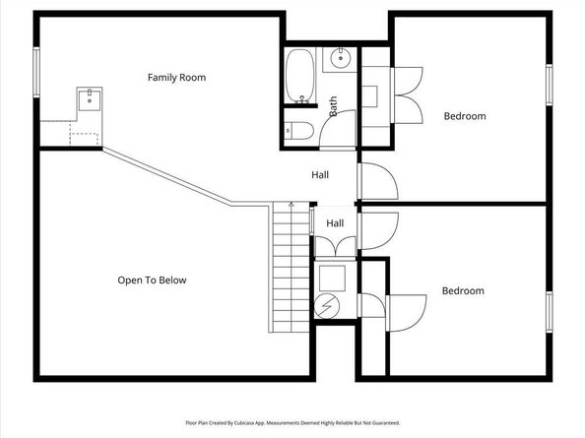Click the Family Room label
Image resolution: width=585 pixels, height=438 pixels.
coord(176,77)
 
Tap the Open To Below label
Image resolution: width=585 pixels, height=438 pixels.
coord(152,281)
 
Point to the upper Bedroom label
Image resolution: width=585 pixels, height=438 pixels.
coord(465,116)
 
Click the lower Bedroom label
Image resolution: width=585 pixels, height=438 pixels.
coord(463,290)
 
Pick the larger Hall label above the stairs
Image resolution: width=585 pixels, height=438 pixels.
coord(320,175)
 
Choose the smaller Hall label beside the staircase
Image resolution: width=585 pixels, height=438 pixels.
coord(335,223)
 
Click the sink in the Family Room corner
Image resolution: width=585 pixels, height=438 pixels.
coord(90,97)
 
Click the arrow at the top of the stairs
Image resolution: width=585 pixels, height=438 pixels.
coord(291,204)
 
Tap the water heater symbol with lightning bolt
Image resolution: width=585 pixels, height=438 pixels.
coord(329,305)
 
